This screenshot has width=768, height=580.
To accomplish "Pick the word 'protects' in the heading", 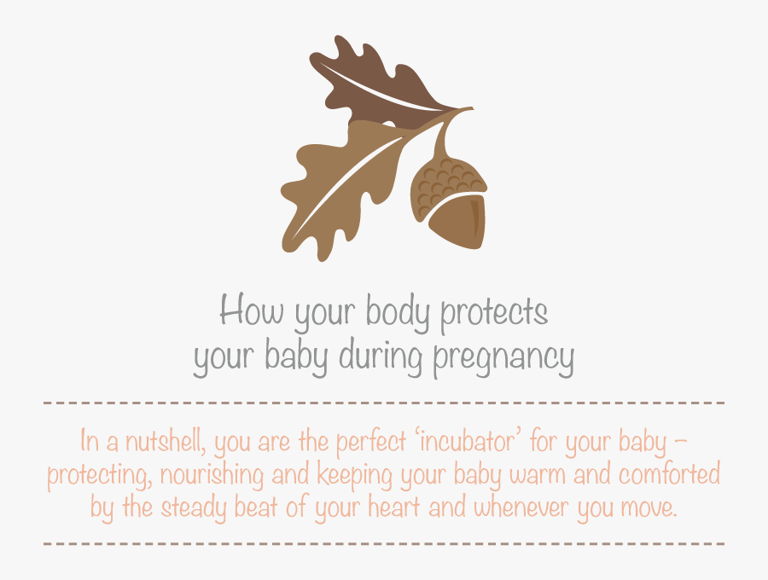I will click(494, 313).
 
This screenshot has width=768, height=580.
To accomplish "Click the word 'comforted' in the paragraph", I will click(669, 474).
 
